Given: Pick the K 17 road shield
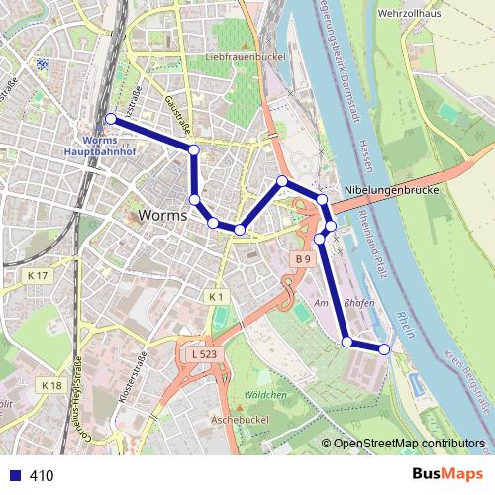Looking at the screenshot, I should tap(38, 274).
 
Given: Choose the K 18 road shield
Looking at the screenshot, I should tap(51, 385).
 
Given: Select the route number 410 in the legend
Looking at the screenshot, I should tap(42, 476).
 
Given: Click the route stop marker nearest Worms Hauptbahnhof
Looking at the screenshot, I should tap(110, 119).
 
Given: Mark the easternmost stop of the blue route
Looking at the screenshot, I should tap(384, 348).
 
